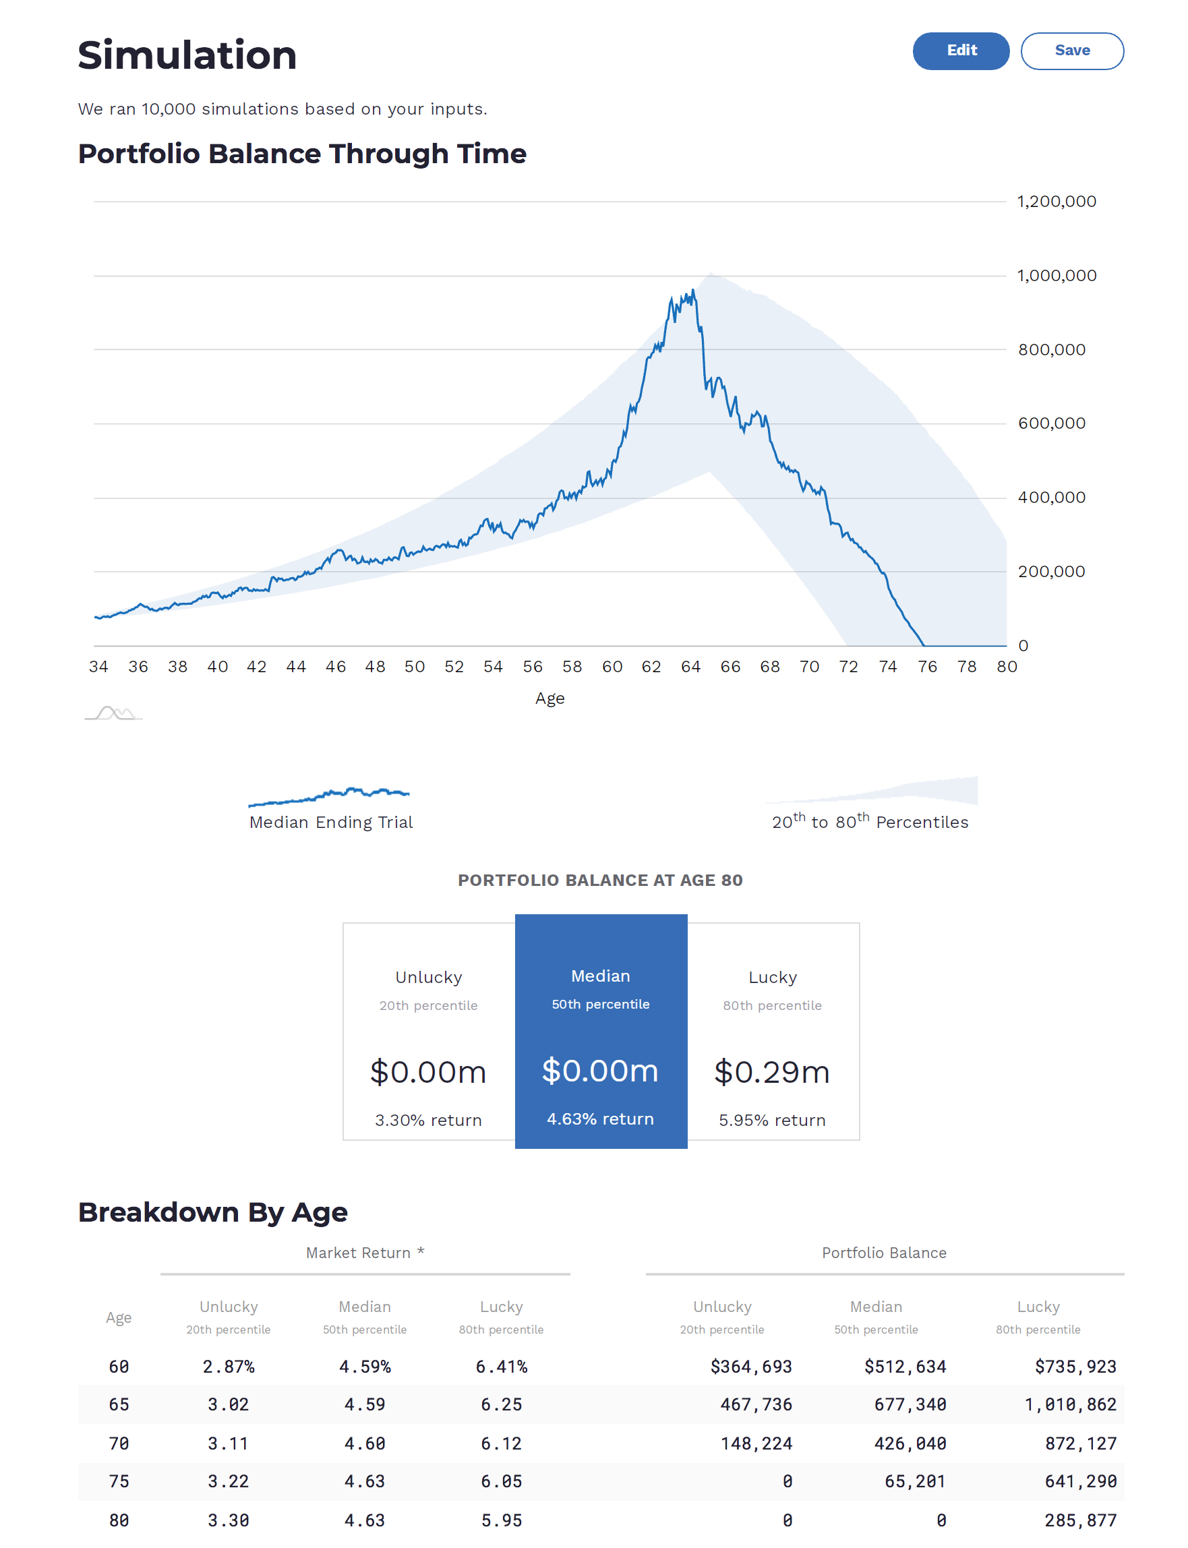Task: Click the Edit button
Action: pyautogui.click(x=960, y=51)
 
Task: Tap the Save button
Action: pyautogui.click(x=1071, y=51)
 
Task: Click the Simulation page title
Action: pyautogui.click(x=187, y=55)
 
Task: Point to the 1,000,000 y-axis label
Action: pyautogui.click(x=1056, y=276)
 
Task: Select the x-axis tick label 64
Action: pyautogui.click(x=690, y=667)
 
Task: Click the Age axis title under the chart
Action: pyautogui.click(x=550, y=698)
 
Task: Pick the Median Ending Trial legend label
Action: pyautogui.click(x=331, y=822)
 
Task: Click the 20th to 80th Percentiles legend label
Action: pyautogui.click(x=869, y=822)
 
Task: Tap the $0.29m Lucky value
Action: pyautogui.click(x=771, y=1072)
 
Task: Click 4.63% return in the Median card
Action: pyautogui.click(x=599, y=1119)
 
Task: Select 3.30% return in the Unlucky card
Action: pyautogui.click(x=428, y=1120)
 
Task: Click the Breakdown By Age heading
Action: pyautogui.click(x=213, y=1212)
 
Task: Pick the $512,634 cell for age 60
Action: pyautogui.click(x=904, y=1366)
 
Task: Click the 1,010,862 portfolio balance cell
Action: pyautogui.click(x=1070, y=1404)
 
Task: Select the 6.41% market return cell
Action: pyautogui.click(x=502, y=1366)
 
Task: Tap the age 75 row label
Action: pyautogui.click(x=119, y=1481)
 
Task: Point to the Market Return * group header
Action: pyautogui.click(x=365, y=1253)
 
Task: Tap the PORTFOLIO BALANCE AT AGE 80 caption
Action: pyautogui.click(x=599, y=880)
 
